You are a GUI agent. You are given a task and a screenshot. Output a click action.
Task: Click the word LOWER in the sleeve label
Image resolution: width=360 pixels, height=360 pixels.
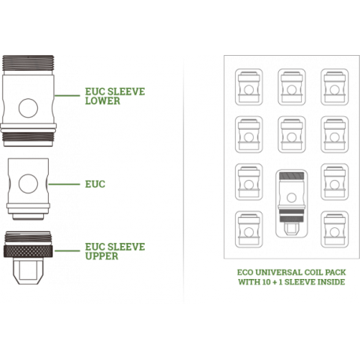tap(102, 101)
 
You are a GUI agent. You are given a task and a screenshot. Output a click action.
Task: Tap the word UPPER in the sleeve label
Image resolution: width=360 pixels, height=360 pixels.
tap(101, 256)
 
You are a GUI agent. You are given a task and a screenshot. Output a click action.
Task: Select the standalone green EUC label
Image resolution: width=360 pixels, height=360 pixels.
tap(95, 184)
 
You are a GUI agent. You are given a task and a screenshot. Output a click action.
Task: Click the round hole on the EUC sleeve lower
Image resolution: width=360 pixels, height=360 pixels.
tap(28, 108)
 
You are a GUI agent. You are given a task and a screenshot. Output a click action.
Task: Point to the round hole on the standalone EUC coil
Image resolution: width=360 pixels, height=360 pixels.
tap(28, 184)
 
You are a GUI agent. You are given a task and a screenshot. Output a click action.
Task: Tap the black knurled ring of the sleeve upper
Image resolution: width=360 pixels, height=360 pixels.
tap(28, 252)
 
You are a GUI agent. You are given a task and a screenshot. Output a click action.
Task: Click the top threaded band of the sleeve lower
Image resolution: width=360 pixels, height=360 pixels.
tap(28, 63)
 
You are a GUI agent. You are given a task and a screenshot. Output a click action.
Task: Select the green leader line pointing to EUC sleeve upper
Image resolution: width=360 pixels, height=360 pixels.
tap(68, 251)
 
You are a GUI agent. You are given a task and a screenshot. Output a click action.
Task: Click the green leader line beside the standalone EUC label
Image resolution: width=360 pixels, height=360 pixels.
tap(64, 184)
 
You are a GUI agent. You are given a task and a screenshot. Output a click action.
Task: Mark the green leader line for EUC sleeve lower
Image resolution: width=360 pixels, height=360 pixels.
tap(68, 95)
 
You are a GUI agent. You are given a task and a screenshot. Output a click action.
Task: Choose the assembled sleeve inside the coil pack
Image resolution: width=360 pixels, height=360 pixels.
tap(292, 204)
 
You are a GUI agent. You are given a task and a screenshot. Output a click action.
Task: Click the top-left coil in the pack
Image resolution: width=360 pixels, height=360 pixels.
tap(248, 87)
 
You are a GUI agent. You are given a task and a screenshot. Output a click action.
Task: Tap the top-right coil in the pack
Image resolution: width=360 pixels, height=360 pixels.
tap(335, 87)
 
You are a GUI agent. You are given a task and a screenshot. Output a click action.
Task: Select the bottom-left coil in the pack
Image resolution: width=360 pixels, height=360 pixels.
tap(248, 230)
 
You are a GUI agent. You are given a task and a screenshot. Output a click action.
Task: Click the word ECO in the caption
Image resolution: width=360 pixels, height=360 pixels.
tap(245, 273)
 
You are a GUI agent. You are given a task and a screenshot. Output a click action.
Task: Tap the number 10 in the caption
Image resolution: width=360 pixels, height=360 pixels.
tap(266, 282)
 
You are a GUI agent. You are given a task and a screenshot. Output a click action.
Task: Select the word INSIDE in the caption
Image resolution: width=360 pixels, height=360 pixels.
tap(331, 282)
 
